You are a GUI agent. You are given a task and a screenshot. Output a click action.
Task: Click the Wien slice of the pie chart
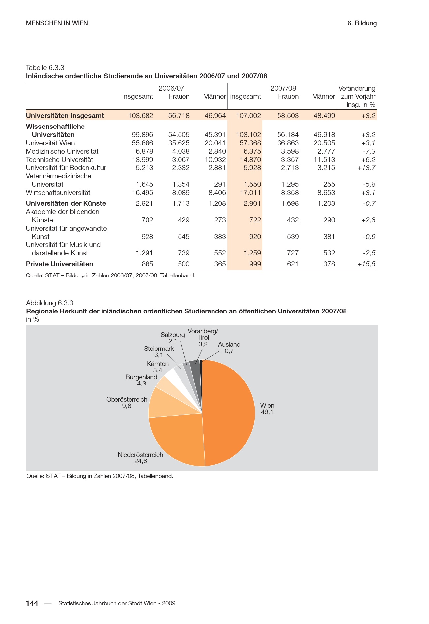coord(231,413)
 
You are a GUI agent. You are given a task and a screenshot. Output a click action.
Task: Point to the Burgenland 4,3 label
coord(141,380)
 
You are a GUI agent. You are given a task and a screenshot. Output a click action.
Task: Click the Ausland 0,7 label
coord(229,348)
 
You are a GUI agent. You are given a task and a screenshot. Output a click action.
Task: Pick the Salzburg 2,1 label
coord(173,338)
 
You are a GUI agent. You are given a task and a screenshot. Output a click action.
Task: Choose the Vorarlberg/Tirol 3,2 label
coord(203,337)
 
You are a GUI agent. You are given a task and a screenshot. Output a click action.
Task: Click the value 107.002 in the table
coord(248,116)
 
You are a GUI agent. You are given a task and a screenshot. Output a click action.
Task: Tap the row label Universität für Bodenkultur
coord(66,168)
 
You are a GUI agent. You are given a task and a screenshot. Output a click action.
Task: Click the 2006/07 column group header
coord(171,88)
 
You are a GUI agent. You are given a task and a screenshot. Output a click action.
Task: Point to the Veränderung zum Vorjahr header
coord(357,96)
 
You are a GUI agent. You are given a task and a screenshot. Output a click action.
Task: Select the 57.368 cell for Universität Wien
coord(250,143)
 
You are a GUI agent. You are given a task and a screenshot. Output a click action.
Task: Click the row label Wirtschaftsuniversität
coord(58,193)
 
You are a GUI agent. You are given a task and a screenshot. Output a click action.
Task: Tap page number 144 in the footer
coord(32,603)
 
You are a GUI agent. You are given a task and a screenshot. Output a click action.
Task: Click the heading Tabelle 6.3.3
coord(45,68)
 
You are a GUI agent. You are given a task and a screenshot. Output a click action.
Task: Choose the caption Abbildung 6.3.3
coord(49,303)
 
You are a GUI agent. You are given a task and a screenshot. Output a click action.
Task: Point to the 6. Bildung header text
coord(362,23)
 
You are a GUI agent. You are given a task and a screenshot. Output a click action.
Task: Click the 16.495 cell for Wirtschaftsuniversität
coord(143,193)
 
